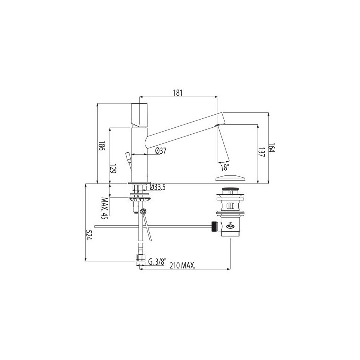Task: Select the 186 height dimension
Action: (x=102, y=146)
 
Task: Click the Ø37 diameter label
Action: (x=160, y=151)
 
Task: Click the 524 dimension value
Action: (x=90, y=236)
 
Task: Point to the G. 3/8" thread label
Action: (x=158, y=260)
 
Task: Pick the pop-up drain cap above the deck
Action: (x=230, y=178)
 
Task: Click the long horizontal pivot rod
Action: (x=150, y=227)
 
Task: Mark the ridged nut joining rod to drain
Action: (x=216, y=227)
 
